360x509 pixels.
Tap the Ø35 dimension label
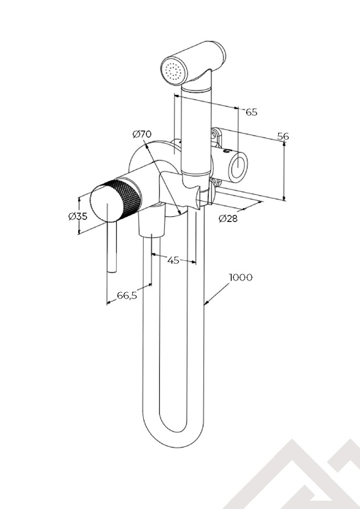78,216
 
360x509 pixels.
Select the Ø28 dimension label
228,218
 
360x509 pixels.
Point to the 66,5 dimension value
127,295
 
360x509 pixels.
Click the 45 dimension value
173,259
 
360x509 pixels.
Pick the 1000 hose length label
240,277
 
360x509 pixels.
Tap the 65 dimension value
251,112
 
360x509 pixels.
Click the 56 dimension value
283,136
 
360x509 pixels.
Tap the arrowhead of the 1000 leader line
206,303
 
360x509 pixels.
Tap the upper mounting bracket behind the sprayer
216,136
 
